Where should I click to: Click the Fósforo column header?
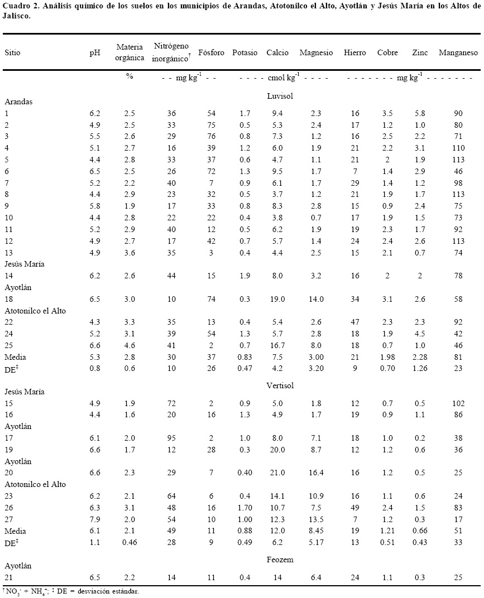211,53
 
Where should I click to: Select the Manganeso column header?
458,53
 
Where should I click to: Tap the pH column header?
95,53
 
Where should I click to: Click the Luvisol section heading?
280,95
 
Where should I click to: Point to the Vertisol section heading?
280,385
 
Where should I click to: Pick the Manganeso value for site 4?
458,148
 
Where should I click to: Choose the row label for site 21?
8,577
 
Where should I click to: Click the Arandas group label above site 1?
18,102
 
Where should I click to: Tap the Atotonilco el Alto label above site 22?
35,310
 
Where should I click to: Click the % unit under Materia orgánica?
130,76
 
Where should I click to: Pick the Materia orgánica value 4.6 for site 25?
130,345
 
